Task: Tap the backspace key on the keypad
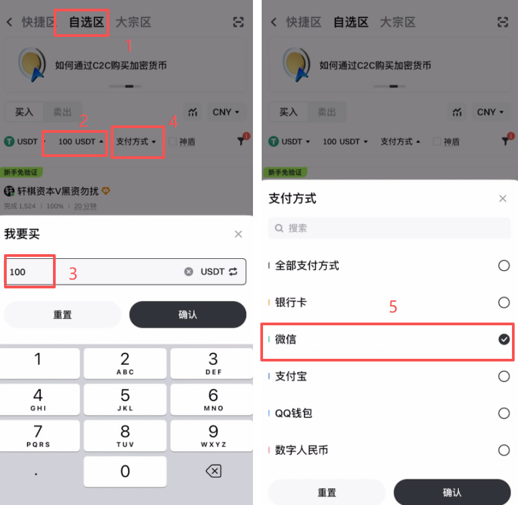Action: click(213, 471)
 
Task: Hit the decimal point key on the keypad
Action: click(38, 471)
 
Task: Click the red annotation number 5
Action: click(393, 307)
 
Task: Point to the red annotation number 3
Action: click(73, 274)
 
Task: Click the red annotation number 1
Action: click(129, 46)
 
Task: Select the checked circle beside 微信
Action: click(504, 340)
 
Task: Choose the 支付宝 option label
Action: click(291, 377)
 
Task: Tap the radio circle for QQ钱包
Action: click(504, 414)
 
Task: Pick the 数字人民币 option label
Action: click(301, 451)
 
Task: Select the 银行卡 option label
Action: click(291, 303)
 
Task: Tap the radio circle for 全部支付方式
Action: click(504, 266)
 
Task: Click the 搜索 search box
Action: click(389, 228)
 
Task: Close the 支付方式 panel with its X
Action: click(503, 199)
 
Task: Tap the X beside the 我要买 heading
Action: click(238, 234)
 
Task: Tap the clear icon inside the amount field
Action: click(189, 272)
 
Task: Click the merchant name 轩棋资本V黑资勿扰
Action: click(57, 191)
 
